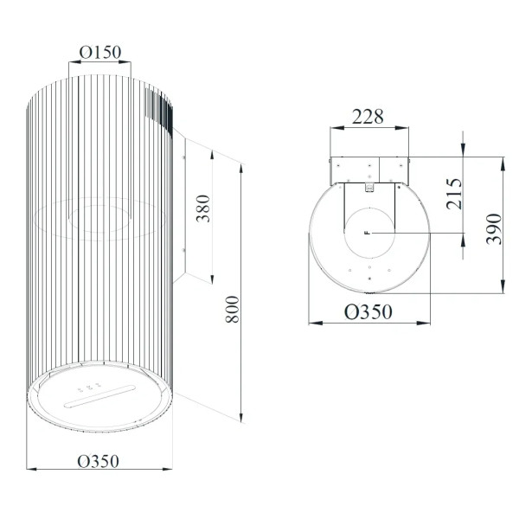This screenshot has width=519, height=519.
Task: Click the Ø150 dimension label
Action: coord(100,52)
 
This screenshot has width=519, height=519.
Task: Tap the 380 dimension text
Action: coord(203,208)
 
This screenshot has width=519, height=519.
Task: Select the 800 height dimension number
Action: coord(232,310)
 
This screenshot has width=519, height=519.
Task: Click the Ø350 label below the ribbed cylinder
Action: coord(98,461)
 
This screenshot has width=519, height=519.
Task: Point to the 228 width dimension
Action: coord(368,117)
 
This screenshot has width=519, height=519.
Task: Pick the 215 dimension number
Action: coord(454,194)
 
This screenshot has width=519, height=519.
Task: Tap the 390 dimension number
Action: coord(494,229)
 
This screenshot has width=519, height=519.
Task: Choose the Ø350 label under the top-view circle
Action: coord(368,311)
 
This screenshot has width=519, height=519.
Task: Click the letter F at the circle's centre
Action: coord(367,233)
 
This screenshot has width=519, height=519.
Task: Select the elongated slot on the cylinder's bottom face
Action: coord(99,396)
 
